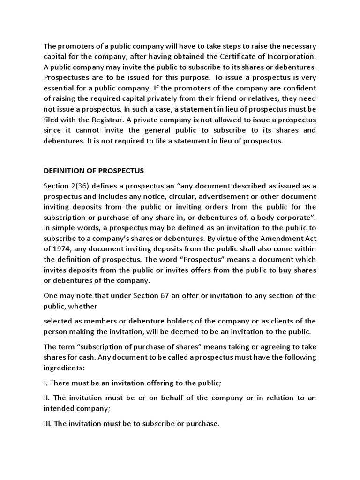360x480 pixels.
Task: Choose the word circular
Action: pos(173,196)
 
